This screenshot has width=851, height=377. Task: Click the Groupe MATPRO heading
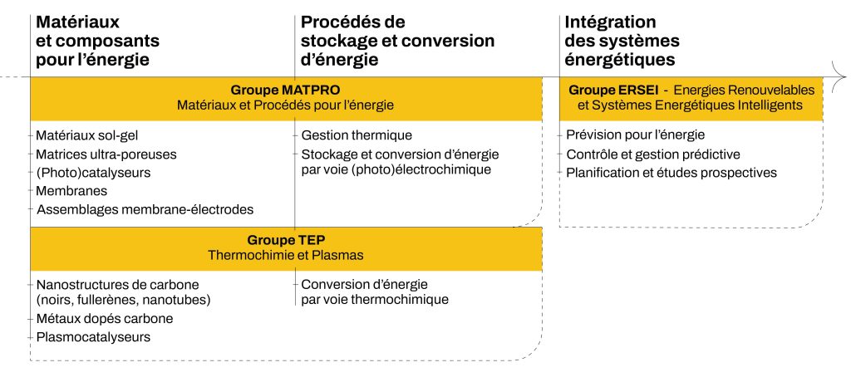(286, 90)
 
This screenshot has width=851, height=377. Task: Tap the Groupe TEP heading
(286, 240)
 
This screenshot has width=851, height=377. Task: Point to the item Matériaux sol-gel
(87, 135)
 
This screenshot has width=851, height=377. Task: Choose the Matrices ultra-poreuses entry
(106, 154)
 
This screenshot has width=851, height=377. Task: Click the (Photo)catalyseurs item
(93, 173)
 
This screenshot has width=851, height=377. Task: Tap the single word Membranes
(71, 191)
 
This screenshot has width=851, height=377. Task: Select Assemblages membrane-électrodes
(145, 209)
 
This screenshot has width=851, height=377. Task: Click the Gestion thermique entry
(357, 135)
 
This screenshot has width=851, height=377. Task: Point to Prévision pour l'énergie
(636, 135)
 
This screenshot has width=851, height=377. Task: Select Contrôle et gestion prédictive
(653, 154)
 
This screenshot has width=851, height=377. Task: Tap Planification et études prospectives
(671, 173)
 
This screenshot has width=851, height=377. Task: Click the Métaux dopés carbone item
(105, 318)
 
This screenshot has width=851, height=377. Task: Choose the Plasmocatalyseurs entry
(93, 337)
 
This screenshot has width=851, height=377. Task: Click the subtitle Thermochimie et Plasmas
(286, 255)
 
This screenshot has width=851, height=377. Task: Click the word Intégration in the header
(611, 22)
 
